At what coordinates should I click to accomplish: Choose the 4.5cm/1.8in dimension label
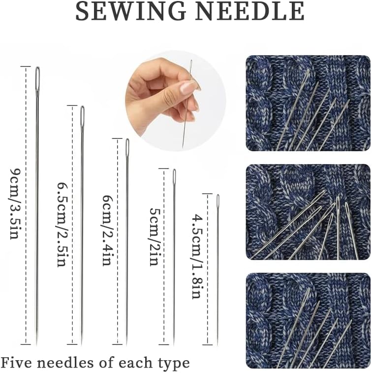pos(197,256)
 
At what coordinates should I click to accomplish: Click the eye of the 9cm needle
pos(37,78)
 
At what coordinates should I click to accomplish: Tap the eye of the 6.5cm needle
pos(83,114)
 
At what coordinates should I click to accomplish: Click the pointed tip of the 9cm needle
pos(37,343)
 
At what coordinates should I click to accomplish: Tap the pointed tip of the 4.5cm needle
pos(217,343)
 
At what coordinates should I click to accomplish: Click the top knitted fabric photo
pos(308,103)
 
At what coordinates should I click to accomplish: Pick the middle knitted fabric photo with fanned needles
pos(308,212)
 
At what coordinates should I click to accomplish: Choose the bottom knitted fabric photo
pos(308,320)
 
